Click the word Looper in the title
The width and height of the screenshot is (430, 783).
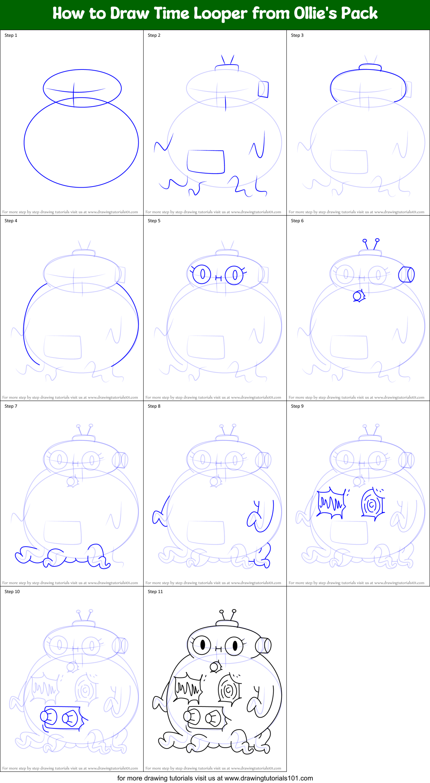pos(221,14)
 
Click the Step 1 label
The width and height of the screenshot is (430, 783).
pos(11,35)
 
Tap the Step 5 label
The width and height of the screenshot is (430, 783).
pos(154,221)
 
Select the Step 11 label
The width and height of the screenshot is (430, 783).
pos(155,592)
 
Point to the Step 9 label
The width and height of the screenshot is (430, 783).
pos(297,406)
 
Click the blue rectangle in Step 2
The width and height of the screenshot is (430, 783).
pos(206,162)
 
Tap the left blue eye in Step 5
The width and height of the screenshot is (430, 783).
pos(202,275)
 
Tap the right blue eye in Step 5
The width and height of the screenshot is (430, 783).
pos(234,275)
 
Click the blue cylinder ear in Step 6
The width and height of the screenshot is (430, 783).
pos(406,275)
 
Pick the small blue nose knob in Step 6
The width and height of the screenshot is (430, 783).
pos(358,296)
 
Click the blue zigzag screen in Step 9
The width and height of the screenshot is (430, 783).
pos(331,504)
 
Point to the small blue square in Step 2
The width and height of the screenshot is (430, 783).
pos(263,89)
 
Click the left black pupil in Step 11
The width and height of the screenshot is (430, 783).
pos(203,645)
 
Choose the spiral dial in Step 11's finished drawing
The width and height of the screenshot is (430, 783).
pos(229,690)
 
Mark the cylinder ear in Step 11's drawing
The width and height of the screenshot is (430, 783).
pos(263,646)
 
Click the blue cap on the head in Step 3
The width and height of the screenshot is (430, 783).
pos(370,67)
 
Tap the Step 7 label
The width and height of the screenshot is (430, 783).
pos(11,406)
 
